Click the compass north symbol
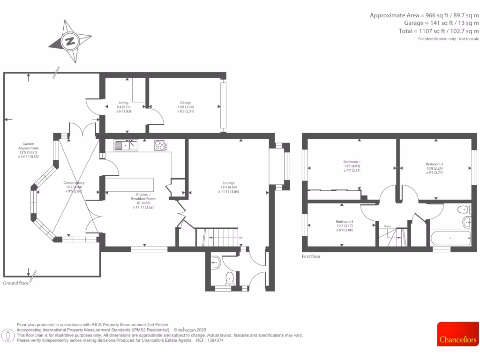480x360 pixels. pos(70,41)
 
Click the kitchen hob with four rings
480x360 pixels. pos(160,145)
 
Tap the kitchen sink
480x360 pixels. pos(126,145)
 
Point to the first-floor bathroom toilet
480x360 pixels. pos(464,210)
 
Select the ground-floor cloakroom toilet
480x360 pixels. pos(230,278)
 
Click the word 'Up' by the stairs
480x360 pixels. pos(241,238)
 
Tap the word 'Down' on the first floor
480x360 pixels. pos(387,226)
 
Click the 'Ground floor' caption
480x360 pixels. pos(16,283)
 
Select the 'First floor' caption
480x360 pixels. pos(311,256)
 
